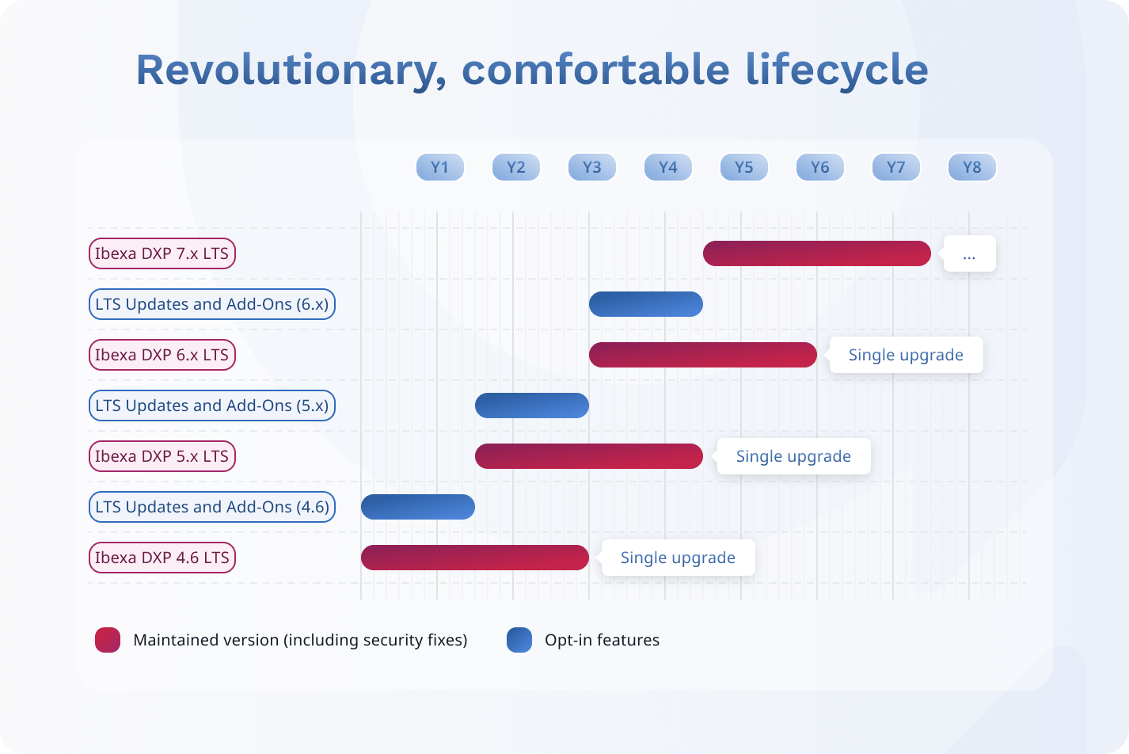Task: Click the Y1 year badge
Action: pyautogui.click(x=440, y=167)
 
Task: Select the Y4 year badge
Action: pyautogui.click(x=668, y=167)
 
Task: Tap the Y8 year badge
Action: pyautogui.click(x=971, y=167)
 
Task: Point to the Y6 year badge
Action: pyautogui.click(x=820, y=167)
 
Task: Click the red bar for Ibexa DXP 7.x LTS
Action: pyautogui.click(x=817, y=253)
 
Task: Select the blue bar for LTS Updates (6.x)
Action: pyautogui.click(x=645, y=304)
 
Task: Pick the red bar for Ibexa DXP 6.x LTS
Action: pyautogui.click(x=702, y=355)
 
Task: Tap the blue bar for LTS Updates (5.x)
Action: pyautogui.click(x=532, y=406)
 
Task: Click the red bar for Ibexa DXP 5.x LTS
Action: pyautogui.click(x=589, y=456)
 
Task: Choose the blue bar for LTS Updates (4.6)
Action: pyautogui.click(x=418, y=507)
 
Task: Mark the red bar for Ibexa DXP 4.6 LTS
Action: pyautogui.click(x=475, y=558)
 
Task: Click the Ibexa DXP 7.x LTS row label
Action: pyautogui.click(x=162, y=253)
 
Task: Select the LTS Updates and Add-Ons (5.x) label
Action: pyautogui.click(x=211, y=406)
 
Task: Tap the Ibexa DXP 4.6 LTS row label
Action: pyautogui.click(x=162, y=558)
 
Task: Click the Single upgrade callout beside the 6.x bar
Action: pyautogui.click(x=906, y=355)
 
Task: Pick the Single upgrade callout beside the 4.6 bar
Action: pyautogui.click(x=678, y=558)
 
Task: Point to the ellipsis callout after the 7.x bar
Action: pyautogui.click(x=969, y=253)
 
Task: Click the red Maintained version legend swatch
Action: pyautogui.click(x=108, y=639)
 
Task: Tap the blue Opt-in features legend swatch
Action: pyautogui.click(x=519, y=639)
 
